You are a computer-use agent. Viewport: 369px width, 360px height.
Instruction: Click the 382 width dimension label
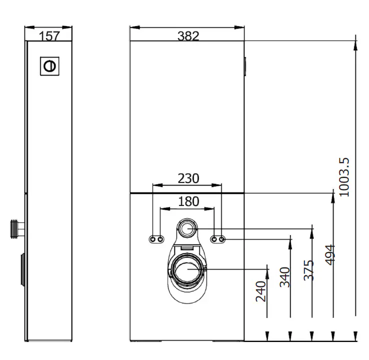187,35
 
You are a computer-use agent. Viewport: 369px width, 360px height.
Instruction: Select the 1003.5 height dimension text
344,177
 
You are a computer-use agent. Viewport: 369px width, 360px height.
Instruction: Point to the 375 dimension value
308,270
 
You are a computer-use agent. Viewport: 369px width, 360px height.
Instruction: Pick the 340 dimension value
285,277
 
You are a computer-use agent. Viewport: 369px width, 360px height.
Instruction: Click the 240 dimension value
261,291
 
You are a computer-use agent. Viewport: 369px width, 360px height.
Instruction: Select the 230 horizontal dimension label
188,178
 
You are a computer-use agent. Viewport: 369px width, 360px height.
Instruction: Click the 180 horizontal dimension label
188,201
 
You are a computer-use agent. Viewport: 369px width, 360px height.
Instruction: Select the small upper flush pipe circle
188,229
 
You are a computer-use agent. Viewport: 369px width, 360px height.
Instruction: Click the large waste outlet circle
187,269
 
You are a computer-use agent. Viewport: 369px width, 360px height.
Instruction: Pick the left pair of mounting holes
156,240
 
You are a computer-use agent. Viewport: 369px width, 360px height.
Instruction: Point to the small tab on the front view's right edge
245,66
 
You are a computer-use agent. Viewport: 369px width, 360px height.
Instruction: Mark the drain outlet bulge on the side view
22,270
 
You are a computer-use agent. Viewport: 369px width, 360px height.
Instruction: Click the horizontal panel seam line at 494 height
187,192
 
